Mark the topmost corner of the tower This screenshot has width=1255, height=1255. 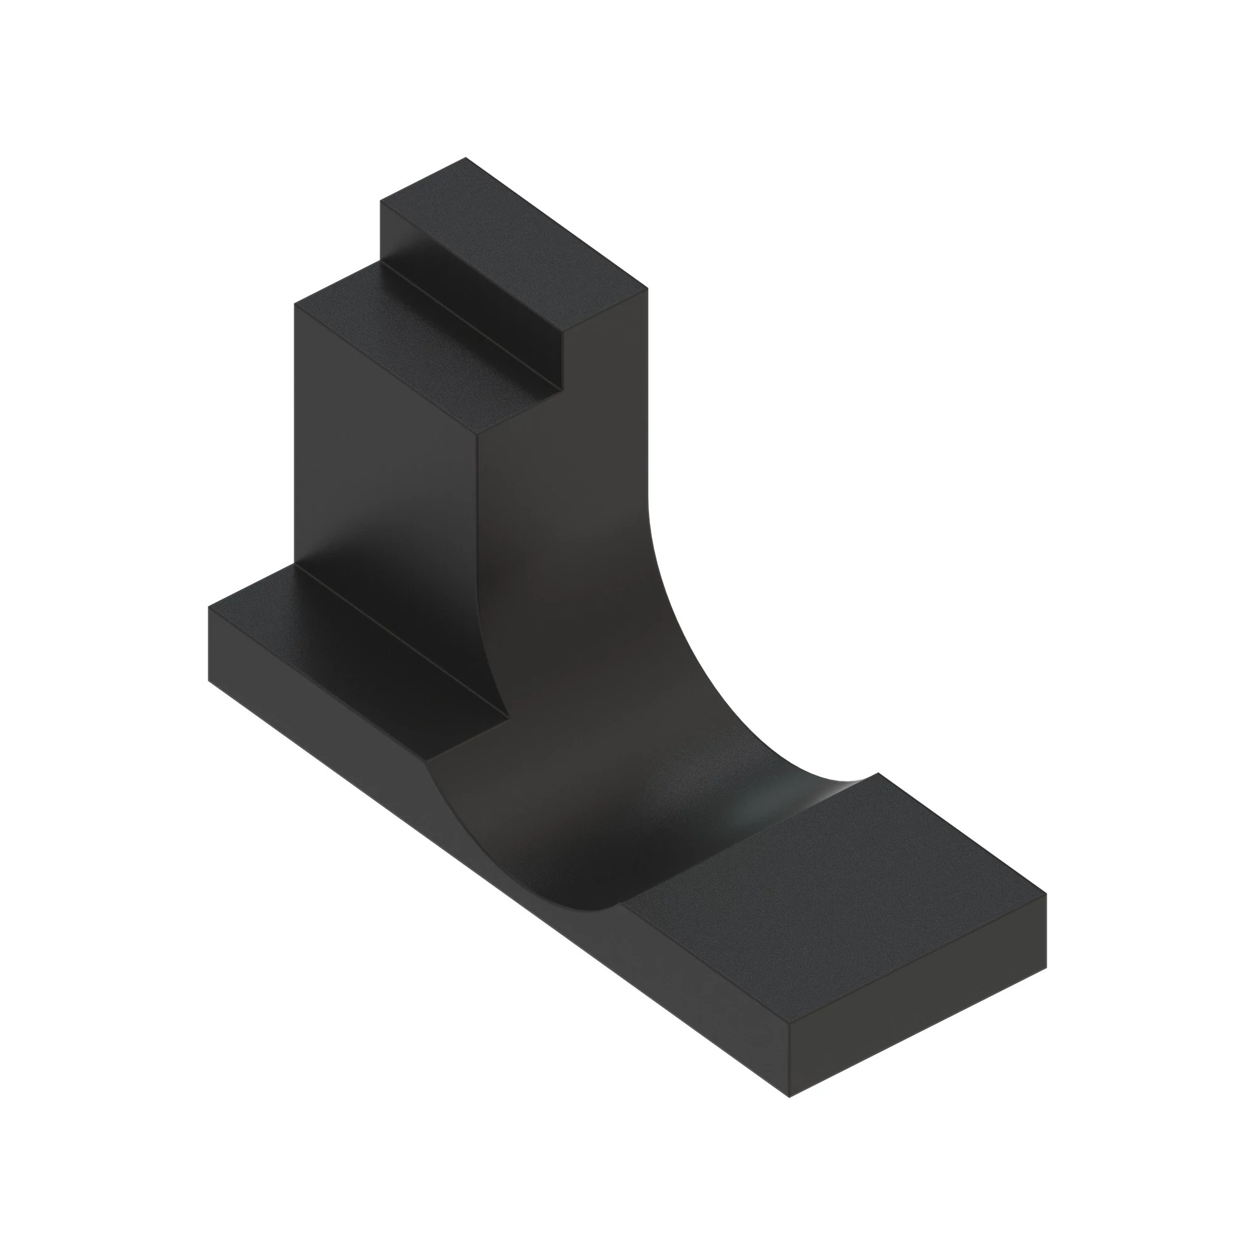[x=466, y=158]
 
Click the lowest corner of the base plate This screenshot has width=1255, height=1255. [x=789, y=1097]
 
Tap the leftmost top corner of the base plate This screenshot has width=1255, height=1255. [x=208, y=607]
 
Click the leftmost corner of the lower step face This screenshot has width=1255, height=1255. [x=295, y=303]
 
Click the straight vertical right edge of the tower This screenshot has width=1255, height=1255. [x=648, y=390]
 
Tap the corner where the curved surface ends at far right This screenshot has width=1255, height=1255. [x=878, y=773]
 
